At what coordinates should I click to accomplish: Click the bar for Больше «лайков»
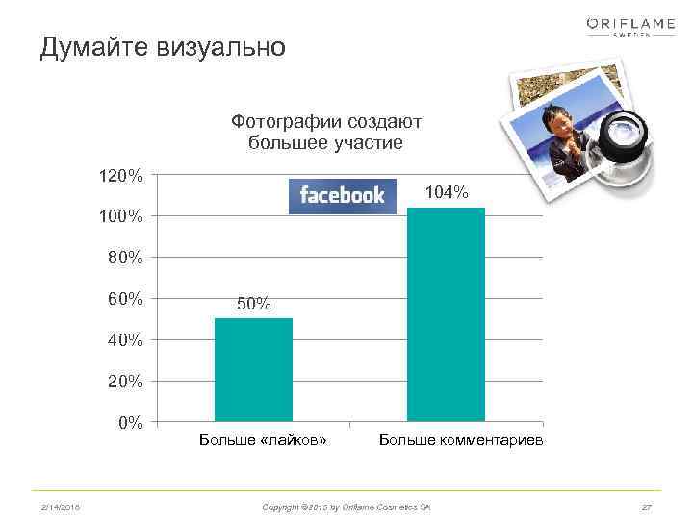tap(253, 369)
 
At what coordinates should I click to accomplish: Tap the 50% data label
tap(254, 305)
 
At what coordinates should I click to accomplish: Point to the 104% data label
tap(447, 194)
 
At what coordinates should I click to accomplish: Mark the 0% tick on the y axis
tap(131, 422)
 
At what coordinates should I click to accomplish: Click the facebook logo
tap(342, 196)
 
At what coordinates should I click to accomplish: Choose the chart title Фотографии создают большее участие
tap(326, 133)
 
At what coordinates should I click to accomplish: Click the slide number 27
tap(646, 506)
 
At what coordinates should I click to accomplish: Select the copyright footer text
tap(346, 506)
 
